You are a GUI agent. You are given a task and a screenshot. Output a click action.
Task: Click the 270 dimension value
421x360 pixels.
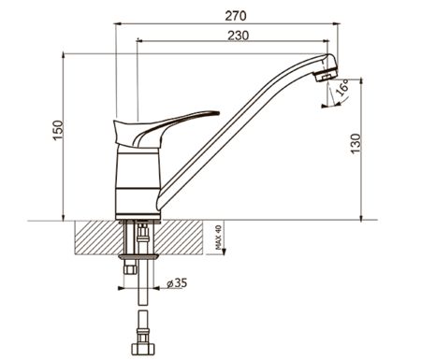click(x=236, y=16)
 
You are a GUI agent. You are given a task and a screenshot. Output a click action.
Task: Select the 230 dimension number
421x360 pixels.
click(x=239, y=36)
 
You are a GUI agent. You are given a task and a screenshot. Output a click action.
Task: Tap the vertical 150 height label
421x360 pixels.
click(x=58, y=130)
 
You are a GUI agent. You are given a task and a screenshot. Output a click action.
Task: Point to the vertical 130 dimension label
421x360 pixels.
click(x=356, y=143)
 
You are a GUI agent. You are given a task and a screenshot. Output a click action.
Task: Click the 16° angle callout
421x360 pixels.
click(x=342, y=87)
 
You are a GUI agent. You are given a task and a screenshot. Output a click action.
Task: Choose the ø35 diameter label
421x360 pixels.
click(x=177, y=283)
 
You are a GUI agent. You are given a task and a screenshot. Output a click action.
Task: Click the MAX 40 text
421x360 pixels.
click(x=218, y=238)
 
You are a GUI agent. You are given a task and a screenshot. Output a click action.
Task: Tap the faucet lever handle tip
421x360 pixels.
click(x=217, y=112)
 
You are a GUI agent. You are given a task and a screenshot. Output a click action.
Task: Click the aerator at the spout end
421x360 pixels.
click(x=326, y=76)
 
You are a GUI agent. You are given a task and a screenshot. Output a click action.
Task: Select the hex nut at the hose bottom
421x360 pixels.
click(x=142, y=349)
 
